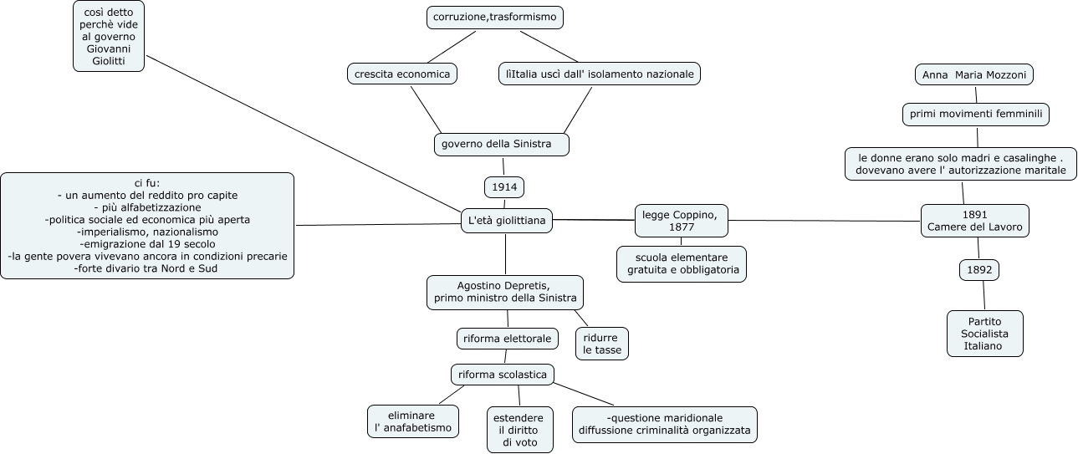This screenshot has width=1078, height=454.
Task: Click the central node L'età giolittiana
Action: coord(506,221)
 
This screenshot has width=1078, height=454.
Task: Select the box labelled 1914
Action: coord(504,187)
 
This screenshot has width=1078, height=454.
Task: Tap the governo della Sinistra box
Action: coord(502,145)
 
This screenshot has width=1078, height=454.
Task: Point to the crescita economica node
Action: coord(401,74)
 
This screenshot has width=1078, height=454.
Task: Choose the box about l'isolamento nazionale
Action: coord(599,74)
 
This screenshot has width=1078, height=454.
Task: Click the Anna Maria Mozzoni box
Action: coord(974,75)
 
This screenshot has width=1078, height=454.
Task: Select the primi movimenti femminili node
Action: coord(976,115)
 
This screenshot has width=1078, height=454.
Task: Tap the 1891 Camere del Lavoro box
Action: coord(974,221)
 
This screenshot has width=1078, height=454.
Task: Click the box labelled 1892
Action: coord(978,270)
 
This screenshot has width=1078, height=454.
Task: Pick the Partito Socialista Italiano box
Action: coord(984,334)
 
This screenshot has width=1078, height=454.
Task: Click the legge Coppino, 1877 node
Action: coord(681,221)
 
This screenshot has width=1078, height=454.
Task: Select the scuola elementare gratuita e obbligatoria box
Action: coord(681,263)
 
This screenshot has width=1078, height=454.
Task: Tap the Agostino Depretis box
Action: coord(504,292)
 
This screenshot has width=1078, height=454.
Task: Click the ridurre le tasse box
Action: coord(602,344)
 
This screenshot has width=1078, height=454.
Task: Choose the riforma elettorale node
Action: coord(507,339)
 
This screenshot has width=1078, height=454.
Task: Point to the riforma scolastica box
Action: coord(502,374)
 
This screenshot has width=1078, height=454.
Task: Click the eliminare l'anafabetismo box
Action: coord(413,421)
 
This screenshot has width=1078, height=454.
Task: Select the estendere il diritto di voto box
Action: coord(519,430)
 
